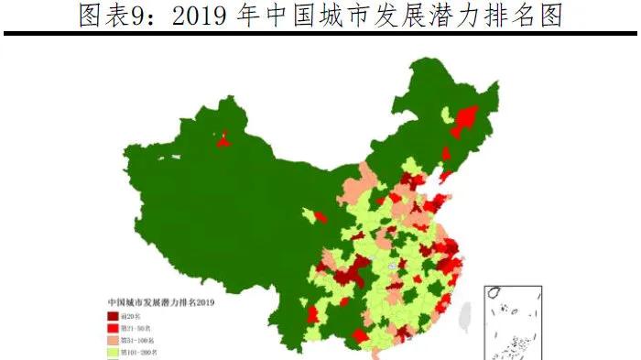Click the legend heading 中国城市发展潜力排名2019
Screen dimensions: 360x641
(x=160, y=300)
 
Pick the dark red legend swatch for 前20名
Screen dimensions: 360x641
(x=113, y=315)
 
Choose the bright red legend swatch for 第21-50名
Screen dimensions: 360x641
(x=113, y=327)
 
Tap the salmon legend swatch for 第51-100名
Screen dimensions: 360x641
(x=113, y=339)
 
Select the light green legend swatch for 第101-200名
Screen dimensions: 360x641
(x=113, y=351)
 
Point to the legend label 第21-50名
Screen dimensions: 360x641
(x=137, y=327)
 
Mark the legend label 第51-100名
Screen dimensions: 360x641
(x=139, y=339)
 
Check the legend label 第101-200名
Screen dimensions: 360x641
(x=141, y=351)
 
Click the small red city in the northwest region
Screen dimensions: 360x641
(x=223, y=139)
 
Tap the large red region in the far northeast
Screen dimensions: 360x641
(x=465, y=119)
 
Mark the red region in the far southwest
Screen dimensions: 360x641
(x=311, y=314)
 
